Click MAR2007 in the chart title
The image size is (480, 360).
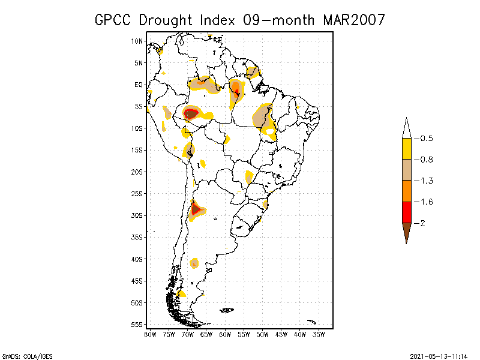coord(353,20)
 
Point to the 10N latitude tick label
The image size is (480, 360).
coord(137,41)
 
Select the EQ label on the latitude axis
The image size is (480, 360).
coord(139,85)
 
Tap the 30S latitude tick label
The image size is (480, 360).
coord(137,215)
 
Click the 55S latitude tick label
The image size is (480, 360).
coord(137,325)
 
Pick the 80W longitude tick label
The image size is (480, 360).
coord(150,334)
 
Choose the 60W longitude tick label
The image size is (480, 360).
coord(225,334)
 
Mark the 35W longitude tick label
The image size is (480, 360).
coord(319,334)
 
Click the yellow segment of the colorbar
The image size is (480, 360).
coord(406,149)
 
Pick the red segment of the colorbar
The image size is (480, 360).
coord(406,212)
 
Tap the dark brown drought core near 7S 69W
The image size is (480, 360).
coord(191,113)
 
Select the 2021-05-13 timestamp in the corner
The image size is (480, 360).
coord(440,355)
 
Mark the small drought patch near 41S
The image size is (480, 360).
coord(194,263)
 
